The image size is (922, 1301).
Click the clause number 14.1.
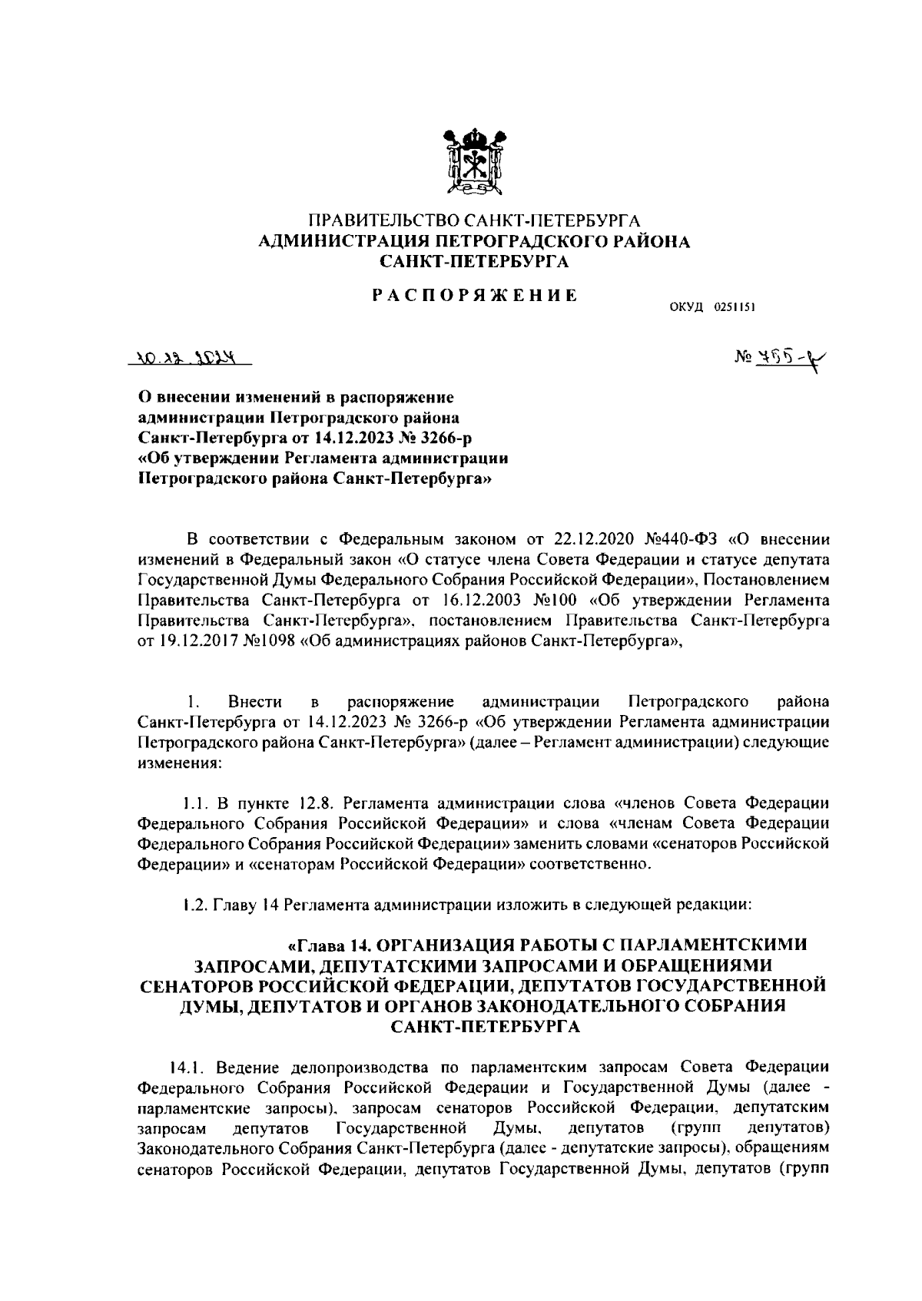(187, 1068)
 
